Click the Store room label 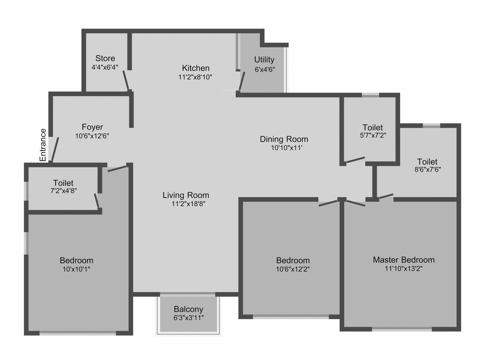tap(105, 58)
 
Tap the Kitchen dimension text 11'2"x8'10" tap(195, 77)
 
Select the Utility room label tap(264, 60)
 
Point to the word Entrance tap(43, 145)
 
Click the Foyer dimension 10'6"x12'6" tap(92, 136)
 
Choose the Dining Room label tap(284, 139)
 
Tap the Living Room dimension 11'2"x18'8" tap(188, 204)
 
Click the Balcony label tap(189, 309)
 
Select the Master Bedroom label tap(403, 260)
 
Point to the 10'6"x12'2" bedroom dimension tap(293, 269)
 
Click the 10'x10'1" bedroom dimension tap(76, 269)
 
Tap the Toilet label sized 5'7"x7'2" tap(373, 127)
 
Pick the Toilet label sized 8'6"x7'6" tap(427, 162)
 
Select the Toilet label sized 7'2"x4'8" tap(63, 183)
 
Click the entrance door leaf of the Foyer tap(55, 149)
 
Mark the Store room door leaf tap(126, 80)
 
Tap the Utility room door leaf tap(241, 81)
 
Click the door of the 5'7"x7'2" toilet tap(355, 160)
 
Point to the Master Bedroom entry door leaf tap(356, 203)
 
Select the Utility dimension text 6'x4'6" tap(265, 69)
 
